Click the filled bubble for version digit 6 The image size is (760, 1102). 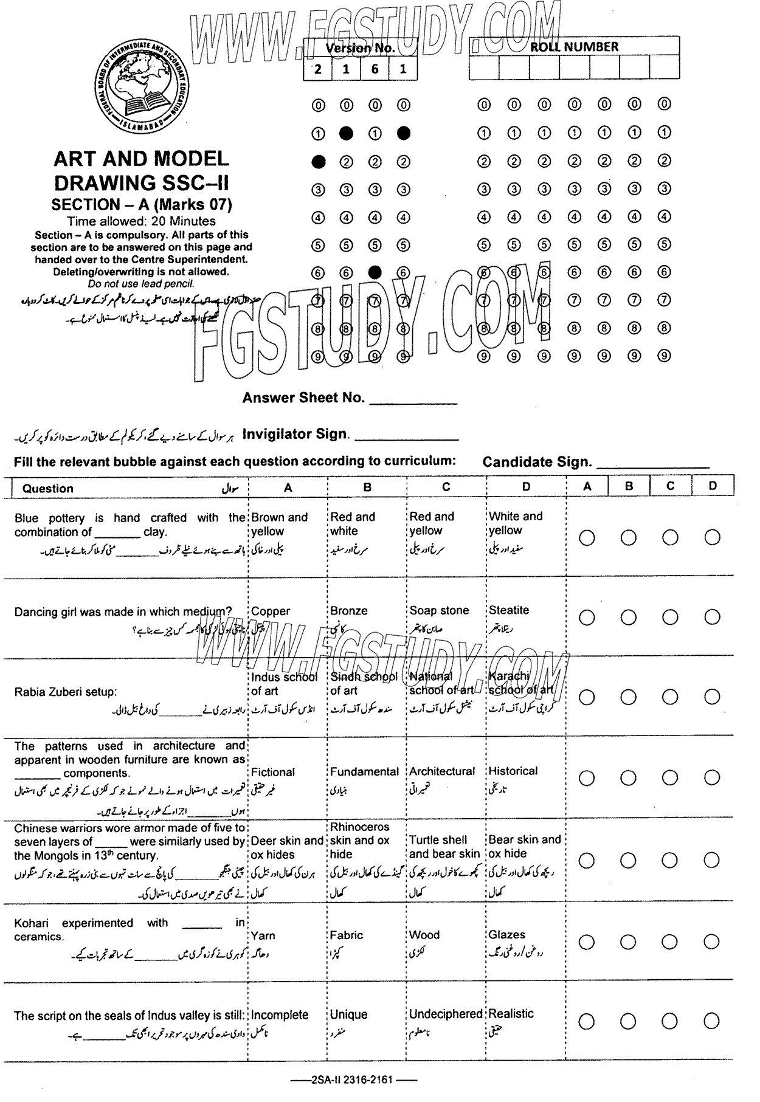pyautogui.click(x=375, y=272)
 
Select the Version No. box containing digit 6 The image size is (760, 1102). pyautogui.click(x=375, y=69)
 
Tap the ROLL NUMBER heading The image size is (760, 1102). pyautogui.click(x=574, y=47)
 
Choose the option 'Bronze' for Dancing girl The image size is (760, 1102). pyautogui.click(x=349, y=611)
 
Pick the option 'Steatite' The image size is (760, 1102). pyautogui.click(x=509, y=610)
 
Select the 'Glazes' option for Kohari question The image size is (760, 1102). pyautogui.click(x=506, y=935)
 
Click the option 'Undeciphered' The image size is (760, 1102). pyautogui.click(x=446, y=1014)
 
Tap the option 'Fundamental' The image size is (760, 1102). pyautogui.click(x=364, y=771)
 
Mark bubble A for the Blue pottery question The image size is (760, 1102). pyautogui.click(x=587, y=537)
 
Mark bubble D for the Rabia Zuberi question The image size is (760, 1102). pyautogui.click(x=712, y=697)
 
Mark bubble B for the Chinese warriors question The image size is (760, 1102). pyautogui.click(x=629, y=860)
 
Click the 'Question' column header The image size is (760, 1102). pyautogui.click(x=48, y=489)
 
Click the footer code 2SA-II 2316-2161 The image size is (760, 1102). pyautogui.click(x=352, y=1080)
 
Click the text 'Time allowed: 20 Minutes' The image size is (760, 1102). pyautogui.click(x=141, y=221)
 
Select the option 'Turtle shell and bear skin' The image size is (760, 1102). pyautogui.click(x=444, y=847)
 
